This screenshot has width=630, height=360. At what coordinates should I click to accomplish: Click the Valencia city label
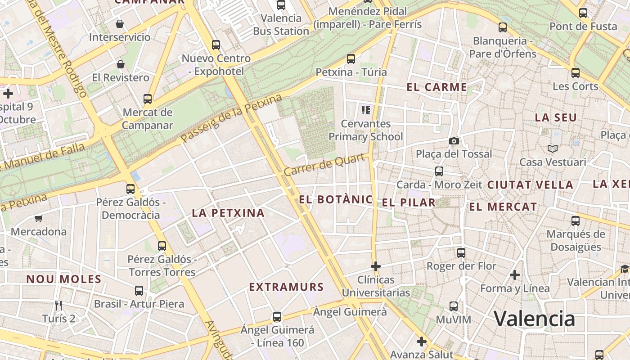[535, 319]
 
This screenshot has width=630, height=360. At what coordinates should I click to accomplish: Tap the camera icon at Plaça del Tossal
[454, 141]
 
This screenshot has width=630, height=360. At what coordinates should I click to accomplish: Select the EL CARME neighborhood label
[436, 87]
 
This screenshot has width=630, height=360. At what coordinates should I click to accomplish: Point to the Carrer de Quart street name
[324, 165]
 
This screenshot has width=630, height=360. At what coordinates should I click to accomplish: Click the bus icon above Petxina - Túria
[351, 59]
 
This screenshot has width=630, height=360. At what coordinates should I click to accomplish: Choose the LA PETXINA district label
[228, 213]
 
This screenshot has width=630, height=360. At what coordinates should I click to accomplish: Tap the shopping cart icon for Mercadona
[39, 219]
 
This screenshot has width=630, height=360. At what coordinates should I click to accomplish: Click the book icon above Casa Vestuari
[553, 148]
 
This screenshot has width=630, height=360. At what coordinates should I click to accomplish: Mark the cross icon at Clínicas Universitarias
[376, 266]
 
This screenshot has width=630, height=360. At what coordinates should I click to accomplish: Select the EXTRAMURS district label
[286, 287]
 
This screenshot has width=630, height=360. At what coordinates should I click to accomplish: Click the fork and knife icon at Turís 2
[58, 306]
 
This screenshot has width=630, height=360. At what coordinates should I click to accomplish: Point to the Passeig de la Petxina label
[231, 118]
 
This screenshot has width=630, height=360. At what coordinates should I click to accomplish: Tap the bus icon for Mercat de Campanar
[148, 99]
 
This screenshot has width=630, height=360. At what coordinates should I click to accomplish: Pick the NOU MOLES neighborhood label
[64, 279]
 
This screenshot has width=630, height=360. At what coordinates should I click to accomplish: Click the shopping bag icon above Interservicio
[120, 24]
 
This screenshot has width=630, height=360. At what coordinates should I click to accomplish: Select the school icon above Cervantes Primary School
[365, 110]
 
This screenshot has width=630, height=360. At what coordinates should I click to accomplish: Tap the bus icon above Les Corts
[576, 73]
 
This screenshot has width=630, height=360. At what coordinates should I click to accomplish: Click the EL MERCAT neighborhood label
[503, 207]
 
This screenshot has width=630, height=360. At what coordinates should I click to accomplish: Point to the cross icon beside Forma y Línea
[515, 274]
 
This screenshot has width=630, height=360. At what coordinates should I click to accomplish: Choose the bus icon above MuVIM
[454, 306]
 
